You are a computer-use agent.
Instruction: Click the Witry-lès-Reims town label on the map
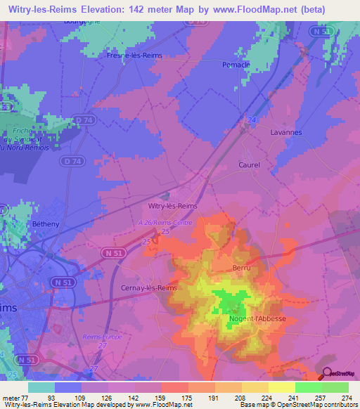(x=173, y=206)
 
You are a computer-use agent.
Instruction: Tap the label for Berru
(x=241, y=268)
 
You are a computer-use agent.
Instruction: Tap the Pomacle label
(x=255, y=65)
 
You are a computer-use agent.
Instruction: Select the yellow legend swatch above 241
(x=282, y=387)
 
